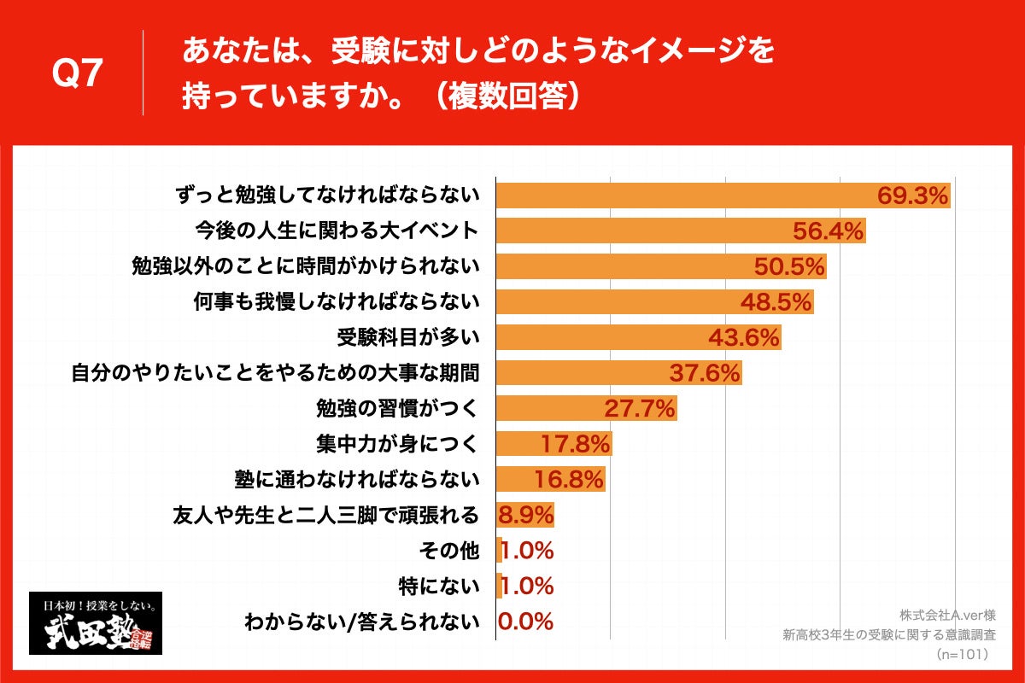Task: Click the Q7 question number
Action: point(79,74)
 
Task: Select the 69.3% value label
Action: point(913,196)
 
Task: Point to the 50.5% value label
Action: point(789,267)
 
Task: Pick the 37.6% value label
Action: point(705,373)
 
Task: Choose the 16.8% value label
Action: point(569,479)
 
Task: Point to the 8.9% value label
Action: point(525,515)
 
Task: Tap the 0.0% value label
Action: point(525,622)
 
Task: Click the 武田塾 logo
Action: point(96,623)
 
